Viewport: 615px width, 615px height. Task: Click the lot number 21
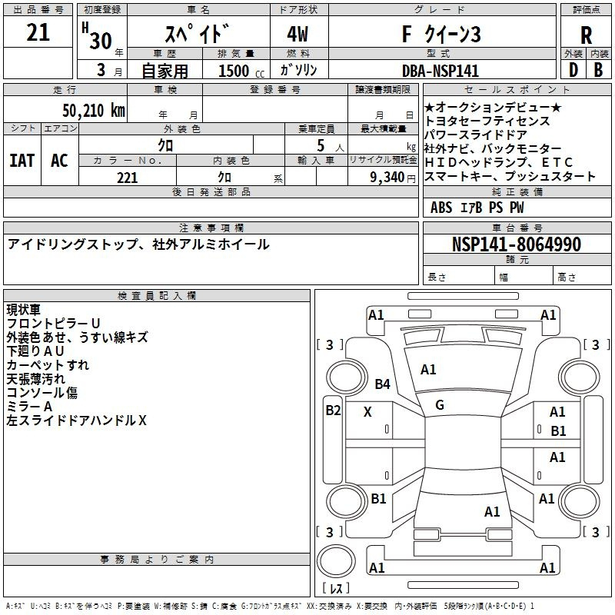point(38,32)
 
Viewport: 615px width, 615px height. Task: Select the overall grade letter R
point(586,35)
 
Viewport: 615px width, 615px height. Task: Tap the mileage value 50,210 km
point(94,111)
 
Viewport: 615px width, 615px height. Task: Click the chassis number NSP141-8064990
point(517,244)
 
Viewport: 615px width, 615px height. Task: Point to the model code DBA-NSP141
point(440,71)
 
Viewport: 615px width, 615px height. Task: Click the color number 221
point(128,178)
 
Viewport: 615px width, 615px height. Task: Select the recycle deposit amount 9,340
point(387,178)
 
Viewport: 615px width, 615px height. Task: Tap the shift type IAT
point(22,161)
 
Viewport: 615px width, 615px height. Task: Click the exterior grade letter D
point(573,70)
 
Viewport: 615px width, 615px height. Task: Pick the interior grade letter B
point(598,70)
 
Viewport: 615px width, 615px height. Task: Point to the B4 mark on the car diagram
point(382,384)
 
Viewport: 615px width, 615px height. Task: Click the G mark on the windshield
point(440,405)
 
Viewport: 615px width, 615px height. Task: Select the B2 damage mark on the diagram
point(333,411)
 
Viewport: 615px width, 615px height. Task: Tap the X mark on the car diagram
point(367,412)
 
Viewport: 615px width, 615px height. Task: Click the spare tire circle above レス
point(336,561)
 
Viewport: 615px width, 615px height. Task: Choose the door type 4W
point(298,34)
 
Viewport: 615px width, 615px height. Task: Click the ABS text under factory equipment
point(441,208)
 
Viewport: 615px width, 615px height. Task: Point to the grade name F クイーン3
point(441,34)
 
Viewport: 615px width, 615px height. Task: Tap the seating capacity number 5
point(321,145)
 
